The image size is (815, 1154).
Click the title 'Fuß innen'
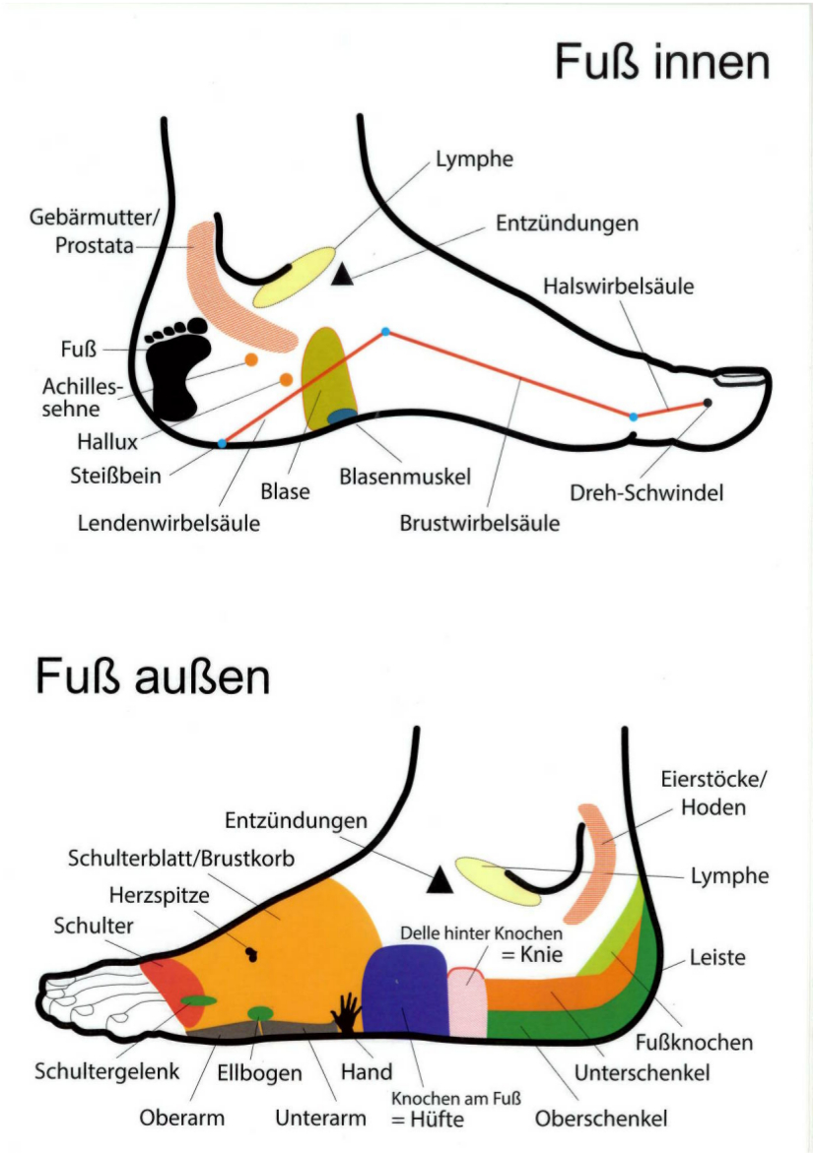(661, 62)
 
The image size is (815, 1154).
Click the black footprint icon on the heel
(178, 365)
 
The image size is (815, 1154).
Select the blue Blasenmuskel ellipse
(342, 417)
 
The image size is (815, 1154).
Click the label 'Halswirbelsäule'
(618, 287)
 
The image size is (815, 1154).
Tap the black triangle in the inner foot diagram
(342, 276)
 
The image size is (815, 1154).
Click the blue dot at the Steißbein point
(222, 444)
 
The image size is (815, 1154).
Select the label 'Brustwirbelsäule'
(479, 523)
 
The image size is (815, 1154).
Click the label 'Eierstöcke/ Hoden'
(713, 793)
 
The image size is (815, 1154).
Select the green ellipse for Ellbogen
(260, 1013)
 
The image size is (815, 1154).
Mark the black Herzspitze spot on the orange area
(250, 952)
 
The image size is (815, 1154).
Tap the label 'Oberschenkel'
(601, 1119)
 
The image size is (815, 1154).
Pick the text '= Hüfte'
(427, 1120)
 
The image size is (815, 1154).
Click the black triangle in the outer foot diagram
(440, 879)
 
